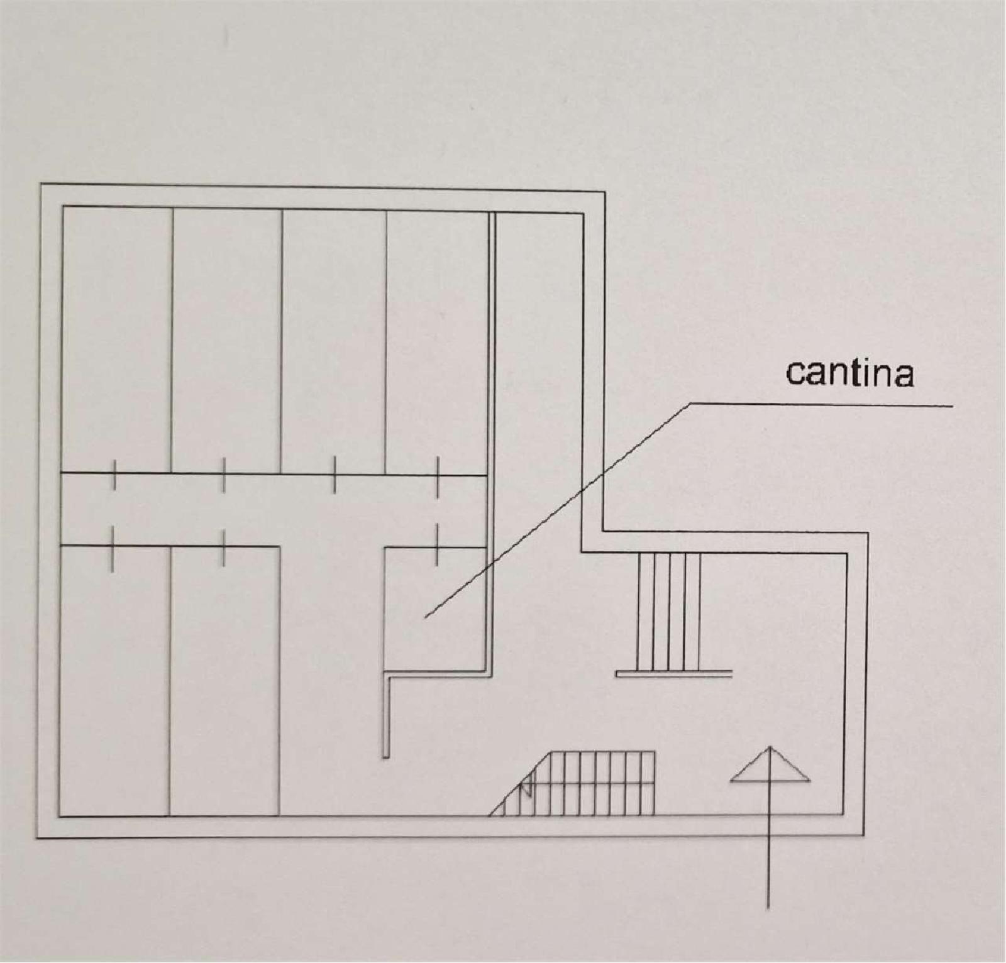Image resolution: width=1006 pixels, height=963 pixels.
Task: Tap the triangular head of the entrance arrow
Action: click(x=770, y=765)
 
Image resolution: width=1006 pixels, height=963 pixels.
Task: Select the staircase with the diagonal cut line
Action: click(x=572, y=783)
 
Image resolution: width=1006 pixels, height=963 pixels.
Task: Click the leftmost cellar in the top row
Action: click(x=117, y=339)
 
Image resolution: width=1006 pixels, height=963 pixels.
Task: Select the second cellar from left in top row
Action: click(x=227, y=340)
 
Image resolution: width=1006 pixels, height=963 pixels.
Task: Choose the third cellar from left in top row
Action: click(x=334, y=342)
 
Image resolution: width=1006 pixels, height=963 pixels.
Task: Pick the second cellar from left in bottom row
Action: click(x=224, y=681)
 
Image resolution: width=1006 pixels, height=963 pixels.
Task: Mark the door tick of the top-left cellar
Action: click(x=114, y=474)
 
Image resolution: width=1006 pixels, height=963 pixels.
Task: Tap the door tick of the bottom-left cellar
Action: click(x=113, y=549)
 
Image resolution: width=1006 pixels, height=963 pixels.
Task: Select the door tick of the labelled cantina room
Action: click(x=436, y=545)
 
